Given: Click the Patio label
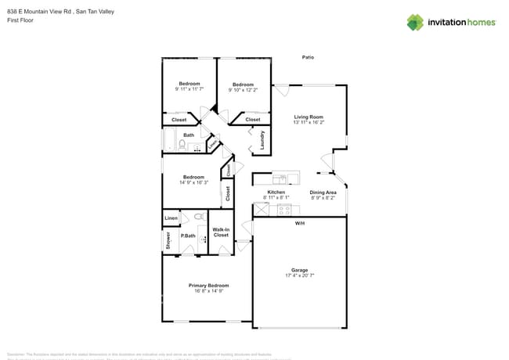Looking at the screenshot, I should coord(309,57).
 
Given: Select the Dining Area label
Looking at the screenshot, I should coord(323,193).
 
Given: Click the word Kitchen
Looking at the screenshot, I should coord(276,193).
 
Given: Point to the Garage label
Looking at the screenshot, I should coord(299,270).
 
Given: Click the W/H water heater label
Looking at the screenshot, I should coord(299,224).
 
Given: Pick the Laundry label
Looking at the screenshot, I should coord(262,141).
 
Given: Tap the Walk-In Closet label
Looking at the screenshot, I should coord(221,232).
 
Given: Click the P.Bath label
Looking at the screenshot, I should coord(188,236).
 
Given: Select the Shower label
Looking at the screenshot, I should coord(168,241).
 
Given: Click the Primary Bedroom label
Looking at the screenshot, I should coord(208,286).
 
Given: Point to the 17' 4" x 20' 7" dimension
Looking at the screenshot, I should coord(299,276).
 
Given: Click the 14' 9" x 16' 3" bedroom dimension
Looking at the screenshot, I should coord(193,182).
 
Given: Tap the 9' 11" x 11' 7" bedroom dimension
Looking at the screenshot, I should coord(189,89).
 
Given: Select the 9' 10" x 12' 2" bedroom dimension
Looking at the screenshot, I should coord(243,89).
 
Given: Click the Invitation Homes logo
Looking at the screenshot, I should coord(450,22).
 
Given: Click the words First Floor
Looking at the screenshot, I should coord(20,20).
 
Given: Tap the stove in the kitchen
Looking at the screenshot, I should coord(283,209).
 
